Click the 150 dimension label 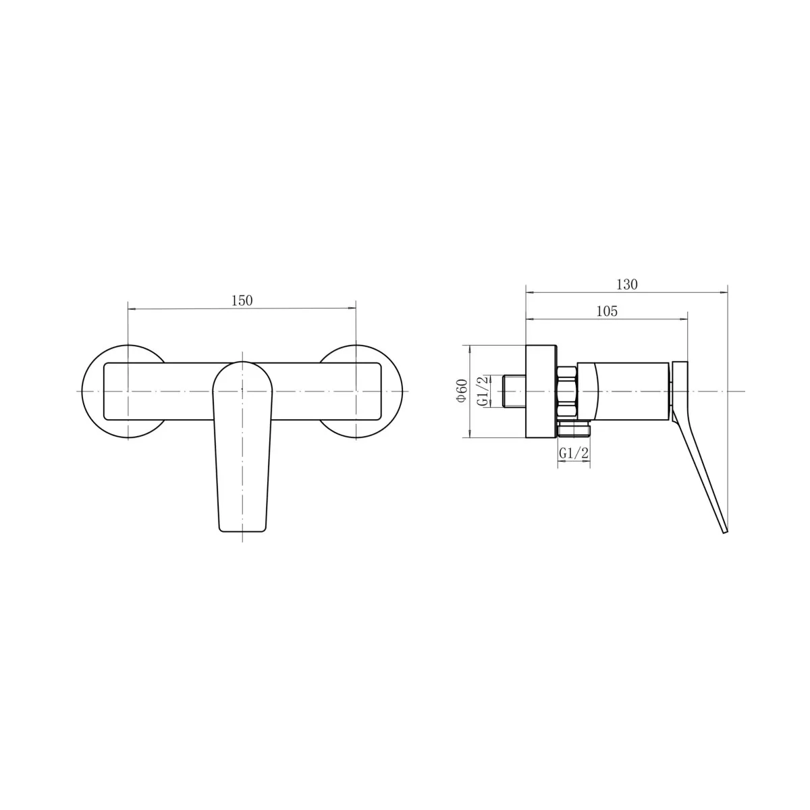click(242, 300)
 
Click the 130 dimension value click(626, 285)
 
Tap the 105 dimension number click(607, 311)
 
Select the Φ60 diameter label click(462, 391)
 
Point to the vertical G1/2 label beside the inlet click(484, 391)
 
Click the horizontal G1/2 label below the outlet click(573, 453)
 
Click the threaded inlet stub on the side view click(514, 391)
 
